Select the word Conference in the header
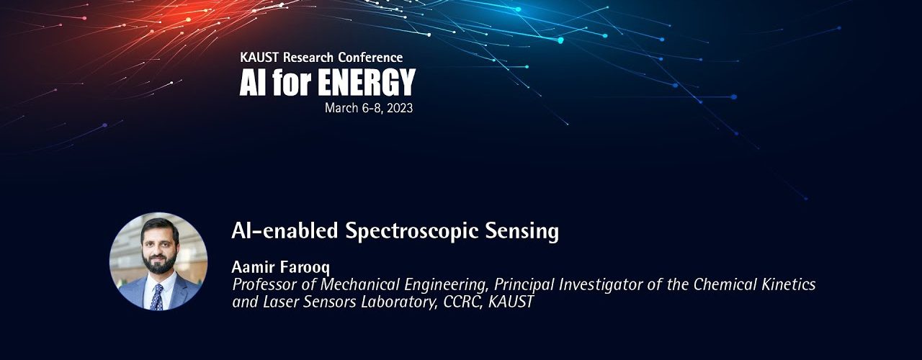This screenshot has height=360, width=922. click(x=370, y=57)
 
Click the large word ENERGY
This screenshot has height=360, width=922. click(x=367, y=82)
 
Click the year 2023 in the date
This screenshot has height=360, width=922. click(x=400, y=108)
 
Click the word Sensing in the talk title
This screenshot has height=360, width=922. click(x=522, y=232)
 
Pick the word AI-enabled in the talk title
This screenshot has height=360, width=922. click(x=285, y=230)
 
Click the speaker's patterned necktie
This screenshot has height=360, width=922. click(x=157, y=297)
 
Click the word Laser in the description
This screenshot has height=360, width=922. click(x=281, y=302)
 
